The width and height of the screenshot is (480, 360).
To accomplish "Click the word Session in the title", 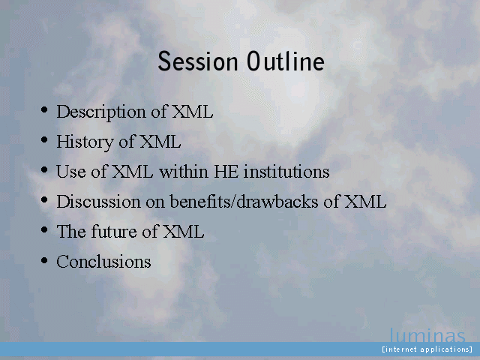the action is tap(198, 61).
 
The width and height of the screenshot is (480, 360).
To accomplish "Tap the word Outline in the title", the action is tap(286, 61).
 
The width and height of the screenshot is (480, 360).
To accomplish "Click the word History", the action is tap(85, 142).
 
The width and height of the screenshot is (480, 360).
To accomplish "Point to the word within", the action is tap(184, 171).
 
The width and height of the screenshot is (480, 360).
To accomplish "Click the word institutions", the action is tap(286, 172).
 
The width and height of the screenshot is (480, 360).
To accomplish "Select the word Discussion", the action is tap(98, 202).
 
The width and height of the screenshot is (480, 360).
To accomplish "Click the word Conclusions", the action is tap(103, 262).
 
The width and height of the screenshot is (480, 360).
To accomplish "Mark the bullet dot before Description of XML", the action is tap(44, 109).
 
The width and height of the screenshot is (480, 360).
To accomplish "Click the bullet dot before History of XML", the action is tap(44, 139).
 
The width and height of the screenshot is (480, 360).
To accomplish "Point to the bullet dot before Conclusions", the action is tap(44, 260).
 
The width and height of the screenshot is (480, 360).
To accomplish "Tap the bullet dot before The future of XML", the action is tap(44, 229).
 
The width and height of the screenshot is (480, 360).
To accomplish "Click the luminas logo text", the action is tap(427, 335).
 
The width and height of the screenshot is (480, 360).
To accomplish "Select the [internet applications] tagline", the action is tap(427, 349).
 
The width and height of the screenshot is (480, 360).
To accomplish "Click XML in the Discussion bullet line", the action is tap(365, 202).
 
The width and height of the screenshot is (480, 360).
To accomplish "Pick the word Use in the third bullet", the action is tap(71, 172).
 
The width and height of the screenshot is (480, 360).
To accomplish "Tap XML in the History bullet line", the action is tap(160, 142).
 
